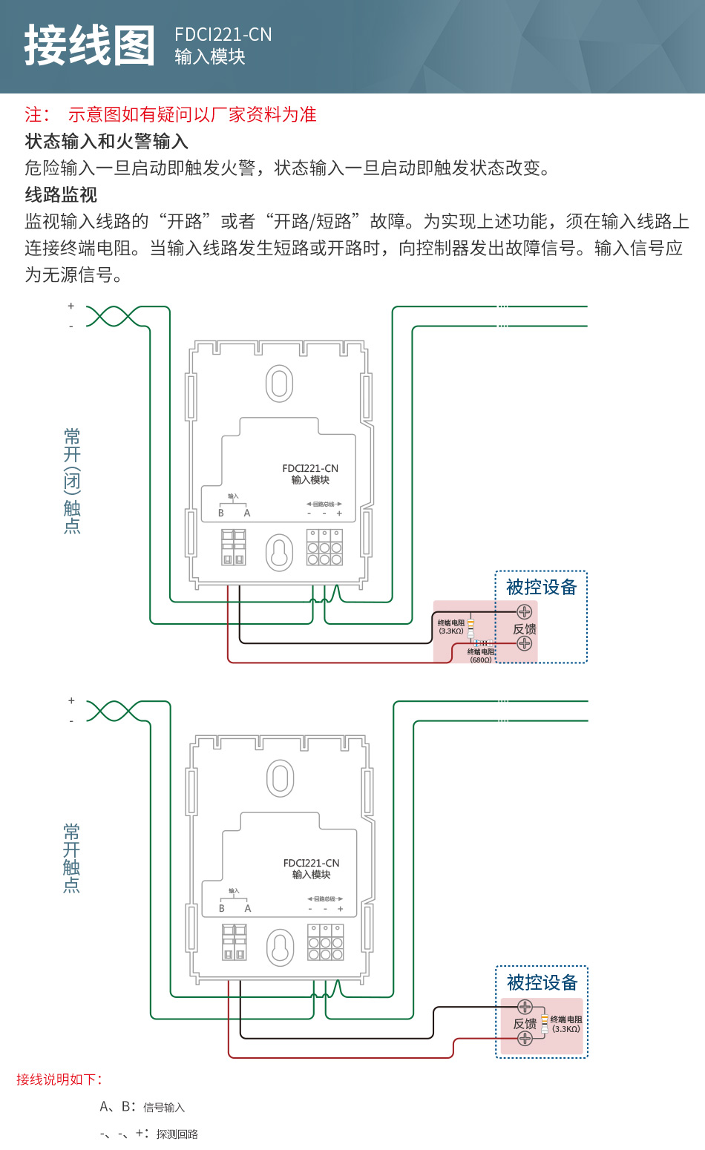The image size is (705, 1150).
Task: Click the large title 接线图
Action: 90,46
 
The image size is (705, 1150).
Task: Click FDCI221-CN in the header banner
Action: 223,35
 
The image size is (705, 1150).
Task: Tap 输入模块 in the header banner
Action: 209,57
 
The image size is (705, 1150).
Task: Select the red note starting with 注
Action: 171,114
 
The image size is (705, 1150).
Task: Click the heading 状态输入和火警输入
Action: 106,142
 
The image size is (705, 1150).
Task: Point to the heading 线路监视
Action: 61,195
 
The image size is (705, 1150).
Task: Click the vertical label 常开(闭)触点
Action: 72,481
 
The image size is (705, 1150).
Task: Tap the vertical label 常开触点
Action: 72,858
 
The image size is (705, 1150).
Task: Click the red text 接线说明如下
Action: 59,1080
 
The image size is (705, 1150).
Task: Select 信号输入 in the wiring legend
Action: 164,1108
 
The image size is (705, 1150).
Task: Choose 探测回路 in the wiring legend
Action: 177,1134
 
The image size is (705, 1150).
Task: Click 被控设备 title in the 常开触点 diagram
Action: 542,983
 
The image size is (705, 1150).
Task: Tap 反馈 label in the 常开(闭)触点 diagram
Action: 525,629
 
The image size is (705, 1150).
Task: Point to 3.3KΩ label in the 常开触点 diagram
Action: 566,1029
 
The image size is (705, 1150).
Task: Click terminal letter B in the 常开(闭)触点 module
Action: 221,513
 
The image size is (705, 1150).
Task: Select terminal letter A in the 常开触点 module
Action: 248,908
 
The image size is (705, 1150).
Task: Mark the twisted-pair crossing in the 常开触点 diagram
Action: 112,711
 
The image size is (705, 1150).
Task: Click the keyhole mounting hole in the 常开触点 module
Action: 281,947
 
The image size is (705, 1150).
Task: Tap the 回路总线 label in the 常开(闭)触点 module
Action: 324,504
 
